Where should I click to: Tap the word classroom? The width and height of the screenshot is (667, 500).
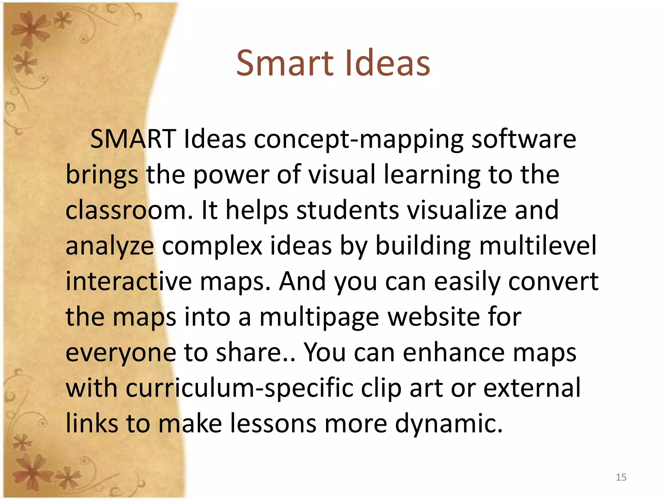point(129,210)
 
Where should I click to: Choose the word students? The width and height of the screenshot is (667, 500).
point(348,210)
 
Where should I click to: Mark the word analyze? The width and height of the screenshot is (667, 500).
point(110,247)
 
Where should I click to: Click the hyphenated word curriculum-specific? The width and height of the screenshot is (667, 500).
point(239,389)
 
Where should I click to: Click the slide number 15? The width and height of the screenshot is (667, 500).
point(621,477)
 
